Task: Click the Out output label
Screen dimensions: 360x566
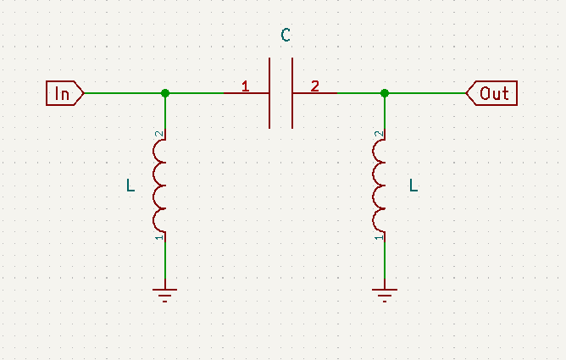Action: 492,92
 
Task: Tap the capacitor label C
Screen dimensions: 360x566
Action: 286,36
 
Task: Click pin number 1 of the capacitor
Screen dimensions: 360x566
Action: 245,86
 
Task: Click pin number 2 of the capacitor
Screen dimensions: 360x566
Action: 315,86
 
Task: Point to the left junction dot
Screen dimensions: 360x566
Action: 165,92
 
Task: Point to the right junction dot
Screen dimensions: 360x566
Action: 385,92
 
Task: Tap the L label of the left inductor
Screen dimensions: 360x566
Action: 130,185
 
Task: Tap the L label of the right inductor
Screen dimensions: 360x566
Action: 413,185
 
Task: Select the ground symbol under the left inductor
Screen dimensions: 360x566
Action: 165,294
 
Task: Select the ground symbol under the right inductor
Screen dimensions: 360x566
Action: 385,294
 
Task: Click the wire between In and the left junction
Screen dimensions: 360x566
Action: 123,92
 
